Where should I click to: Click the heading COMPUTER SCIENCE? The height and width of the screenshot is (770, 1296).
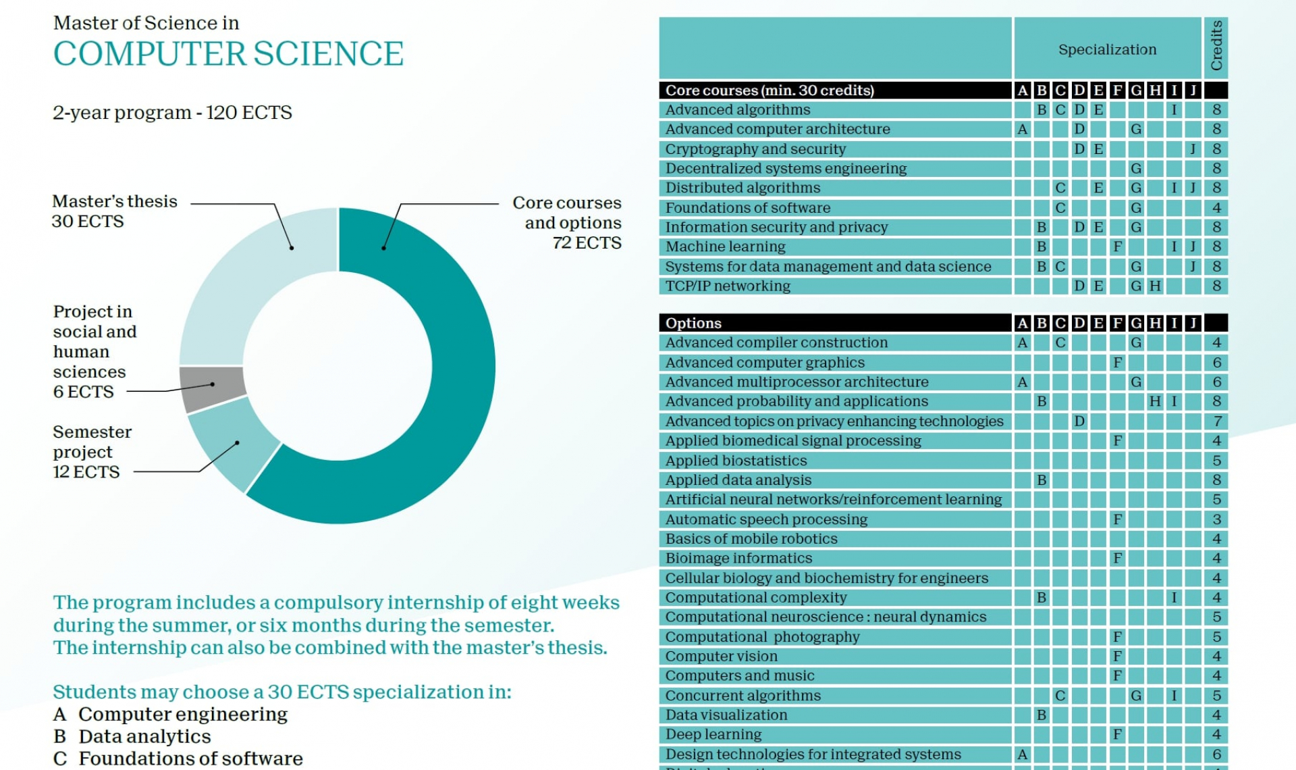[228, 54]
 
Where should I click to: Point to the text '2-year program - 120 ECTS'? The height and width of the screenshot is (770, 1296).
[172, 113]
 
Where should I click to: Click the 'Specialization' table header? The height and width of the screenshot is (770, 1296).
[1107, 49]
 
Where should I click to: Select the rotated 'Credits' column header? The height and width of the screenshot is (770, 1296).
[1216, 46]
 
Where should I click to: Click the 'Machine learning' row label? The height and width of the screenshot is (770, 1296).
[726, 247]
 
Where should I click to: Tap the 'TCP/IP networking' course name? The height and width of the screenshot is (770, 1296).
[728, 286]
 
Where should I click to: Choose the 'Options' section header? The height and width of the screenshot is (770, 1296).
[693, 323]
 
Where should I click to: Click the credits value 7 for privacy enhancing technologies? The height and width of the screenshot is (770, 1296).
[1217, 421]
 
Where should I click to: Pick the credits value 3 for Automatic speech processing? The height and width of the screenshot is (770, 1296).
[1217, 519]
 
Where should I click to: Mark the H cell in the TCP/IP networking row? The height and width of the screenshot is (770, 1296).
[1155, 286]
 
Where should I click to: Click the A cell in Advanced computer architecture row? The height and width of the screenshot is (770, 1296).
[1023, 129]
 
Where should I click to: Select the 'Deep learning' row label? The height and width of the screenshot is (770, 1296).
[713, 734]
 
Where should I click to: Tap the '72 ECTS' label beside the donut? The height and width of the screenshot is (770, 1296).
[587, 243]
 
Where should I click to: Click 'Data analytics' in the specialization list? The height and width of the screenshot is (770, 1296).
[144, 736]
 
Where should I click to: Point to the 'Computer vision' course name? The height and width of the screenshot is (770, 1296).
[722, 656]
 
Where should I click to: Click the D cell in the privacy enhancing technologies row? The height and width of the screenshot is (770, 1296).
[1079, 421]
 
